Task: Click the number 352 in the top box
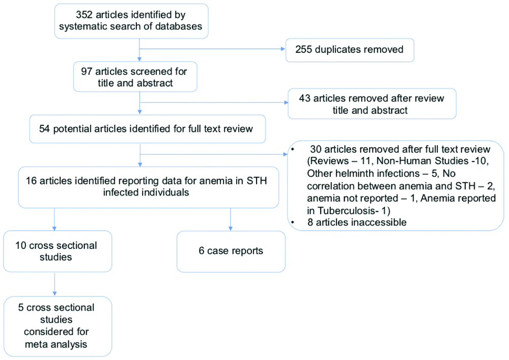click(84, 15)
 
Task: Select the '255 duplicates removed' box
click(350, 50)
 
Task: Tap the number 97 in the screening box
click(87, 71)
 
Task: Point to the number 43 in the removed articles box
click(305, 98)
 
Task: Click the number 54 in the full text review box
click(44, 129)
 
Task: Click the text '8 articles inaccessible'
click(357, 223)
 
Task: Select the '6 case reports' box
click(231, 252)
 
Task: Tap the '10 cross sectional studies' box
click(58, 251)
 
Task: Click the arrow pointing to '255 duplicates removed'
click(212, 49)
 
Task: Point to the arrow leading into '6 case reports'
click(231, 219)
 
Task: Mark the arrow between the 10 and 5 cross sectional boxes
click(54, 284)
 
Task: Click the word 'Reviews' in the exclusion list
click(328, 161)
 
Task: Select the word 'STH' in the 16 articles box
click(257, 181)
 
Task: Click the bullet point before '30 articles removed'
click(293, 149)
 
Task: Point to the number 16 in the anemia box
click(31, 181)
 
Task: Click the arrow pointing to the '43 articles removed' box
click(214, 102)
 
